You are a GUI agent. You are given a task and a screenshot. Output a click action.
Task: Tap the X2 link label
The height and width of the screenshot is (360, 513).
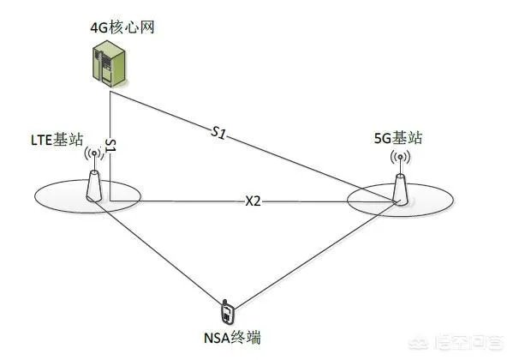pyautogui.click(x=253, y=202)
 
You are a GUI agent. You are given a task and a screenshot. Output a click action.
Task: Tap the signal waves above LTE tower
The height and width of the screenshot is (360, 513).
pyautogui.click(x=94, y=155)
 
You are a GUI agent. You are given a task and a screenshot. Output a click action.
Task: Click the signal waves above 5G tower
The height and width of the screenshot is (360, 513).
pyautogui.click(x=399, y=158)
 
